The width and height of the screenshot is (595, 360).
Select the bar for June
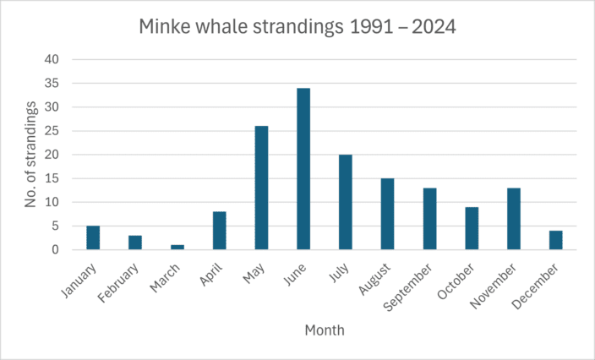tap(303, 169)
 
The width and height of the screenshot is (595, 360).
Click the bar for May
tap(261, 188)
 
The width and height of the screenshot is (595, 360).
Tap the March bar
tap(177, 247)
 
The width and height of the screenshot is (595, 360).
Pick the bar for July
tap(346, 202)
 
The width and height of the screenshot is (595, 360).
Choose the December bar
tap(556, 240)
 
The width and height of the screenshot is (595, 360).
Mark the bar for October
tap(472, 228)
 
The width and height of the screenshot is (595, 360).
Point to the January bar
tap(93, 237)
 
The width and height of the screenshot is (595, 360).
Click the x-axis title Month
tap(324, 331)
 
